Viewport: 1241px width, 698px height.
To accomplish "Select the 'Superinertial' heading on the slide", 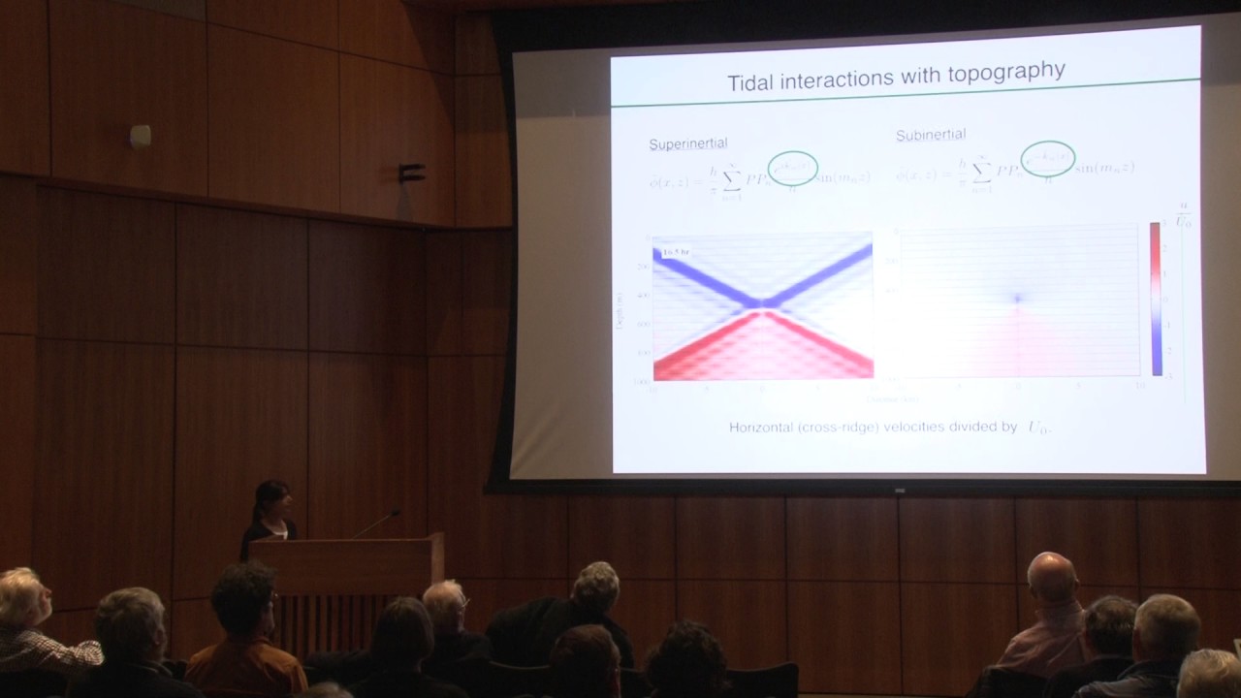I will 688,144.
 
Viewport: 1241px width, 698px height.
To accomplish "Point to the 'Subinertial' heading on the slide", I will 931,135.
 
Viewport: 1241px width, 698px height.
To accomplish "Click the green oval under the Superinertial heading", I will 793,168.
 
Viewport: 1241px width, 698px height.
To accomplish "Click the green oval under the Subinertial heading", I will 1048,158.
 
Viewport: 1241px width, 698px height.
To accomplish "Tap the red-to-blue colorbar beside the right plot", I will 1156,299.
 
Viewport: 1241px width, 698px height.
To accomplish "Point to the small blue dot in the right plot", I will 1017,299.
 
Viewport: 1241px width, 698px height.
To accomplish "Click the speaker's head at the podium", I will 272,498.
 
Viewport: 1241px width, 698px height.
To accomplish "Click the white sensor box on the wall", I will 141,136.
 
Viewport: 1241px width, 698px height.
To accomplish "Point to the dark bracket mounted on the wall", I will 412,174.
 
